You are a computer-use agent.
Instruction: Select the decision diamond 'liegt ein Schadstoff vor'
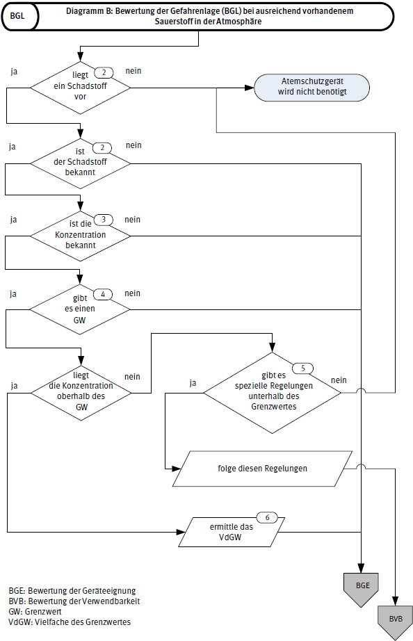81,88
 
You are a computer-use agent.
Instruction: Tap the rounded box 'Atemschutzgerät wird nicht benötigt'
311,87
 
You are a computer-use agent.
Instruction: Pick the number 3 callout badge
103,220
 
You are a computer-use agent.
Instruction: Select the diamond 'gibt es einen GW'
81,309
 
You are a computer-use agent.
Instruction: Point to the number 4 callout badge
103,293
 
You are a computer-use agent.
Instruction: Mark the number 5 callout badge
302,367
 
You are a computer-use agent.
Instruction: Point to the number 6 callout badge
268,517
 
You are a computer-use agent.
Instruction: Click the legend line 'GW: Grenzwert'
35,611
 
